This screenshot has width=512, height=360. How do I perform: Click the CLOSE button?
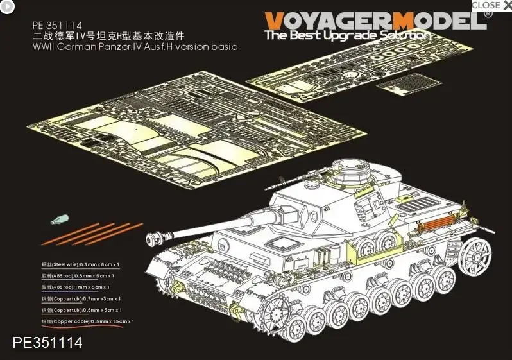pyautogui.click(x=491, y=6)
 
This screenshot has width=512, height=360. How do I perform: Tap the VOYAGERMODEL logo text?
pyautogui.click(x=375, y=21)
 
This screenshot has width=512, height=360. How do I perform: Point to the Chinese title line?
pyautogui.click(x=112, y=37)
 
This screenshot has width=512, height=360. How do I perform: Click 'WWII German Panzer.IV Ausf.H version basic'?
pyautogui.click(x=135, y=47)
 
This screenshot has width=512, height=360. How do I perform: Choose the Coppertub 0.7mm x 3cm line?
pyautogui.click(x=80, y=298)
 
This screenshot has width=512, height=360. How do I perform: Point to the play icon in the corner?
pyautogui.click(x=7, y=7)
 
